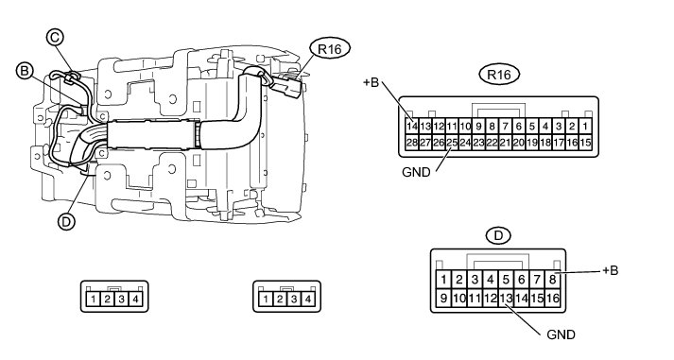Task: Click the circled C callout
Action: (55, 38)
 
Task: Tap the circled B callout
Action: (25, 71)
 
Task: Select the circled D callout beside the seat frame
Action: (66, 222)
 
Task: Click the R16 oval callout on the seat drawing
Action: (330, 49)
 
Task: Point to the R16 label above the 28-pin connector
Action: (499, 75)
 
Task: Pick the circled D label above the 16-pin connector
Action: (498, 235)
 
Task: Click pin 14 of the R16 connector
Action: (412, 127)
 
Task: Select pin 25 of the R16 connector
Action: (452, 142)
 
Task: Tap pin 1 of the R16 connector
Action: (585, 127)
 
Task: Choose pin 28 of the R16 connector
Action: (412, 142)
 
